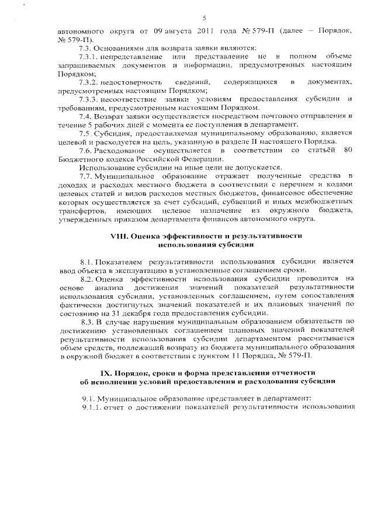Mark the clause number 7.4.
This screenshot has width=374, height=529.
pyautogui.click(x=85, y=117)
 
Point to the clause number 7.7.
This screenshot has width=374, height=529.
pyautogui.click(x=85, y=176)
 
